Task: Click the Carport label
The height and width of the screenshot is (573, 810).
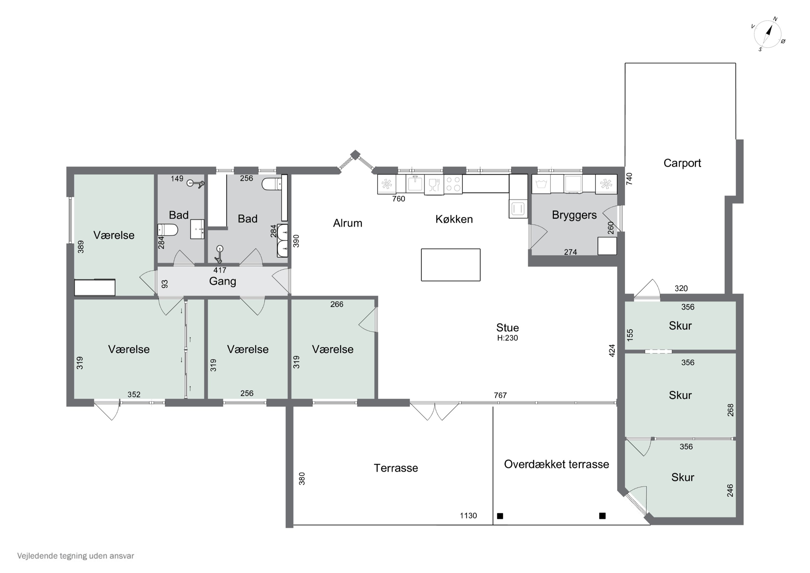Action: (682, 163)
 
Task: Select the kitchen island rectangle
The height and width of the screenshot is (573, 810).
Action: (451, 265)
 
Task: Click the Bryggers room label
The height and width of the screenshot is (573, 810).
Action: (574, 215)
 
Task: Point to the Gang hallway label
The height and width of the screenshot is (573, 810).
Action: (222, 282)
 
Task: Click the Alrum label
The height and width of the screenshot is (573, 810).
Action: (347, 223)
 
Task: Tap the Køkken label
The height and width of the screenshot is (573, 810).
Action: (454, 219)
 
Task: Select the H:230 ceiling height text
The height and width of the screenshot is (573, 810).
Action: (507, 338)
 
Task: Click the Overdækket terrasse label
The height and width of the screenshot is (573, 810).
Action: (556, 464)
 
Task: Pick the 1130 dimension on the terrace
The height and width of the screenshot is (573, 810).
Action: (468, 515)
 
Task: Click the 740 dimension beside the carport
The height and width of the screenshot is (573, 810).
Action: (629, 179)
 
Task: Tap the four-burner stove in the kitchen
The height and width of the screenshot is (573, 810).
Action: (453, 184)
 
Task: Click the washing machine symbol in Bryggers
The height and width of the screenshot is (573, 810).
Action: (541, 184)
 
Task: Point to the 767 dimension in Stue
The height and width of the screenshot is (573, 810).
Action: (500, 396)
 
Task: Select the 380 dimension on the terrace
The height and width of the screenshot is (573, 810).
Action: (302, 479)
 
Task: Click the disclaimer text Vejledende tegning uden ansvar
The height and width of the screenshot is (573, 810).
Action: (76, 556)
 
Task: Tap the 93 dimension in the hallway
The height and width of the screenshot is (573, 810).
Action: (165, 284)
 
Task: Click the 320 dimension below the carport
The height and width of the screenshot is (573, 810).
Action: (681, 289)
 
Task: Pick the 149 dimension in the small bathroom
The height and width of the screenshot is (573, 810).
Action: (177, 179)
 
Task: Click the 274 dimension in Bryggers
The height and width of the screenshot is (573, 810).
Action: (571, 252)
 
